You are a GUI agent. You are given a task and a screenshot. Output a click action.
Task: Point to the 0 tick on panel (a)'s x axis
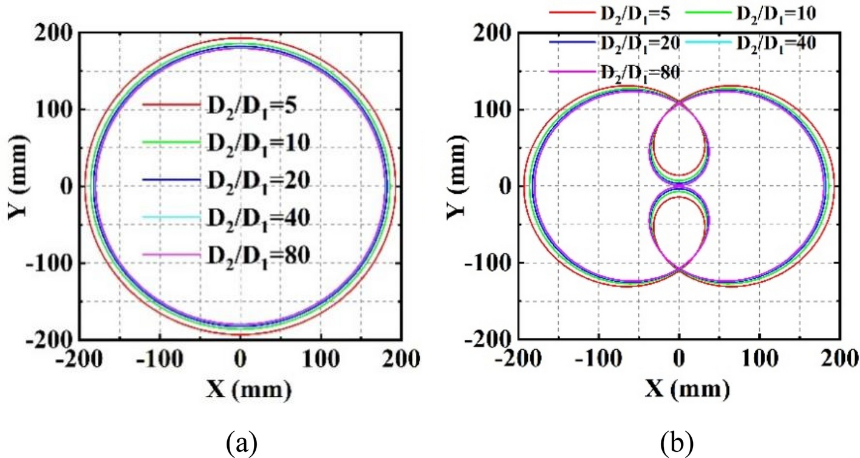click(x=241, y=358)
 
